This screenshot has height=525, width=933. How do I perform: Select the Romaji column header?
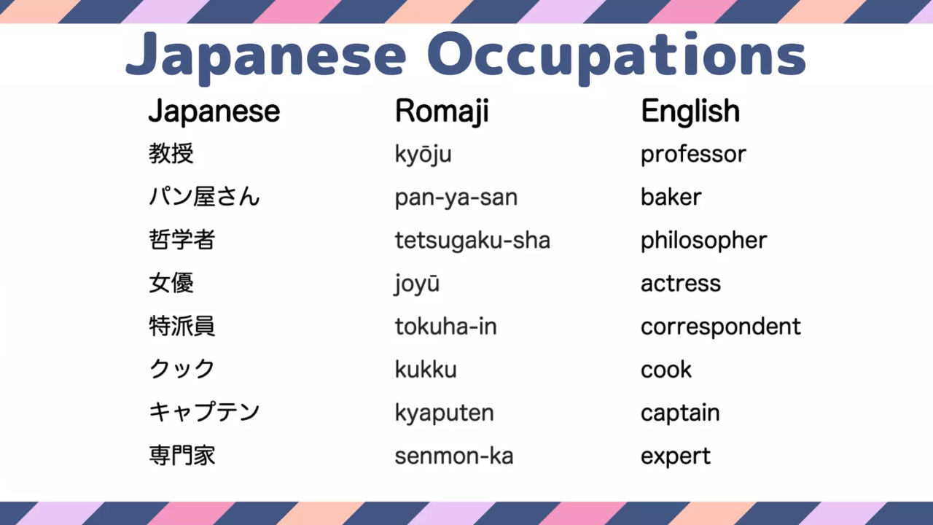[442, 112]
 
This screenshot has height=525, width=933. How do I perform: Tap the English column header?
[690, 111]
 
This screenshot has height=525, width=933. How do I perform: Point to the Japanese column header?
[214, 112]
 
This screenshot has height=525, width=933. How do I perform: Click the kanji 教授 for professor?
[171, 154]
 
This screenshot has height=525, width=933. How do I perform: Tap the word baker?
[671, 197]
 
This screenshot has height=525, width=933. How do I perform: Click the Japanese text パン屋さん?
[204, 197]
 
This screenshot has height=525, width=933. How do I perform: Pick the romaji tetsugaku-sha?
[472, 241]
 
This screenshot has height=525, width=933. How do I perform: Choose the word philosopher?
[703, 241]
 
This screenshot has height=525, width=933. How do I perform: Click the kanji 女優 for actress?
[171, 283]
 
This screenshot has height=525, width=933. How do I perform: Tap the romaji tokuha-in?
[445, 326]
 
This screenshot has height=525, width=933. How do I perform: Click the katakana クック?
[182, 369]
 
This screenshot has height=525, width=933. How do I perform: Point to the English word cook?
[666, 370]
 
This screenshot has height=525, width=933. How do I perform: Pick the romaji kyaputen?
[444, 413]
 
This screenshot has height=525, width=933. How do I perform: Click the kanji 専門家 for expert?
[182, 456]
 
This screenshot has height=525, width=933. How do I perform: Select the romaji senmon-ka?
[454, 456]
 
